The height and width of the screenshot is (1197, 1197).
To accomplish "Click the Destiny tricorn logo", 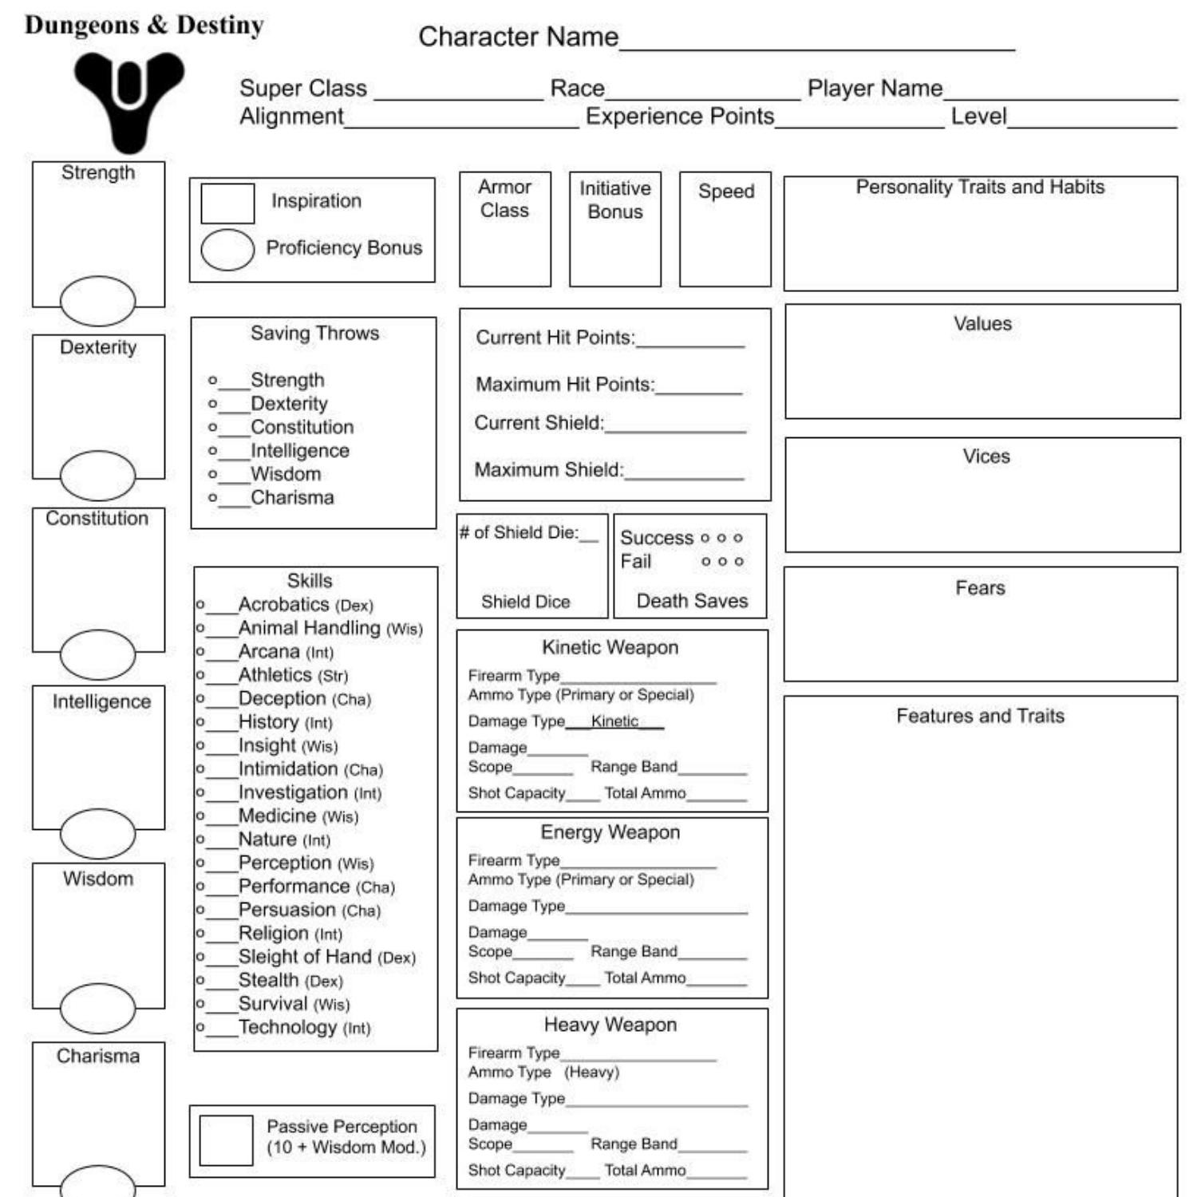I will (x=128, y=100).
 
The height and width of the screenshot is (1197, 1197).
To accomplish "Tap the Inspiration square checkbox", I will (x=227, y=203).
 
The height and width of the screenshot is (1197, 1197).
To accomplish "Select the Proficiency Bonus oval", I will (x=227, y=250).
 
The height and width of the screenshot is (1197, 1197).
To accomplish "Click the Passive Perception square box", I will (x=226, y=1140).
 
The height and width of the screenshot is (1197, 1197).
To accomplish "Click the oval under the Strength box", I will (x=98, y=301).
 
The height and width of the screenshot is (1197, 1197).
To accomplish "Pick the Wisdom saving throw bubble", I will (x=212, y=474).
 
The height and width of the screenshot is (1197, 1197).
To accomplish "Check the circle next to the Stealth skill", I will (x=200, y=980).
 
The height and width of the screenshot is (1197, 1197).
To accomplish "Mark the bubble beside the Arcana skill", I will (x=200, y=651).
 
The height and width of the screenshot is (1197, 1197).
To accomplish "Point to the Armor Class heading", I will (x=504, y=198).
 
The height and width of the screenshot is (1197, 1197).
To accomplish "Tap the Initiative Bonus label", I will (x=614, y=199).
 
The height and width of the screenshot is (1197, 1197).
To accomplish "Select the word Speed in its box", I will (x=725, y=192).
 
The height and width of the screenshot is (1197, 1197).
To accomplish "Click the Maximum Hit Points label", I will (x=564, y=385).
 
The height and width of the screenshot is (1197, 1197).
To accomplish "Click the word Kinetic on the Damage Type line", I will (x=614, y=721).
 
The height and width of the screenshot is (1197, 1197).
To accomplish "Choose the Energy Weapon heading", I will (x=610, y=832).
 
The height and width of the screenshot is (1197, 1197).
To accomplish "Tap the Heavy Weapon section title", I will (x=610, y=1025).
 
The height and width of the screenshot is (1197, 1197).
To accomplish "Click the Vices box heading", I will (x=986, y=456).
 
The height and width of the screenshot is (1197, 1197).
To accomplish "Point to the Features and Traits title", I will (x=980, y=716).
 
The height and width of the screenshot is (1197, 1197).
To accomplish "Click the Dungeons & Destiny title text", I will (x=144, y=26).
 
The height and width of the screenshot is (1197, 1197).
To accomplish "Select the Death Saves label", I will (x=692, y=601).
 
